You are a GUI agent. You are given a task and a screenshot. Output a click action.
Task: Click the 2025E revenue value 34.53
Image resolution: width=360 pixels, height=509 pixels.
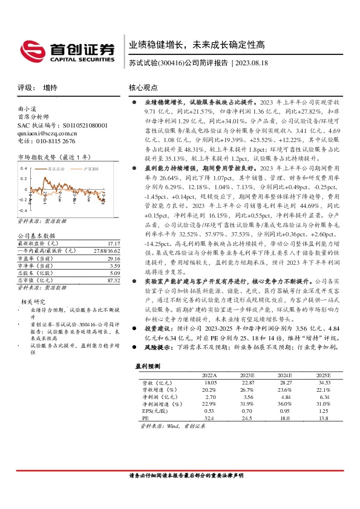(x=326, y=383)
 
